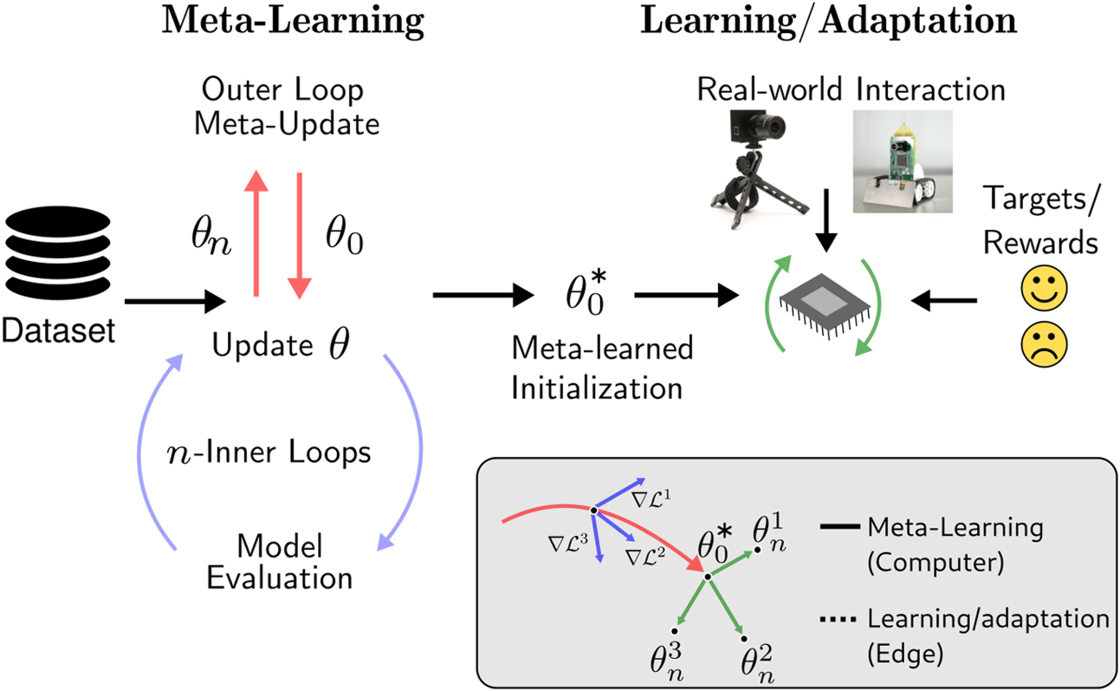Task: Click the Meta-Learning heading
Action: tap(294, 23)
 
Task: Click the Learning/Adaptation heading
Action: tap(828, 23)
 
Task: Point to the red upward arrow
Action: tap(255, 234)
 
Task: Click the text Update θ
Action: tap(282, 345)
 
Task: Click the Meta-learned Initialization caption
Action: tap(601, 368)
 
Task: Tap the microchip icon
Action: tap(823, 304)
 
